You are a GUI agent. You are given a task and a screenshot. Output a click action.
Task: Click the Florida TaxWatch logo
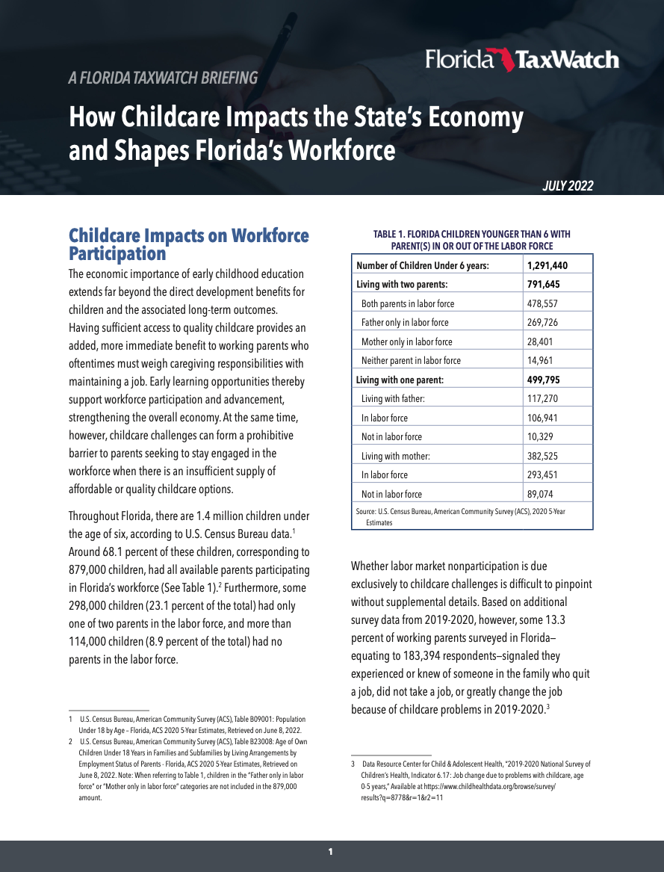[522, 60]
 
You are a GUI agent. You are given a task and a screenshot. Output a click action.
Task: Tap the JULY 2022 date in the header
[568, 186]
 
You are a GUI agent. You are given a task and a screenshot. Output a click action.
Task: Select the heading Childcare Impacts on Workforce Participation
[188, 244]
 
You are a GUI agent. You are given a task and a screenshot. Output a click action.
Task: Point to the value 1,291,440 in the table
[547, 265]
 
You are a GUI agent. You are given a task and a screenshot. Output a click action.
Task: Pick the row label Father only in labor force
[405, 323]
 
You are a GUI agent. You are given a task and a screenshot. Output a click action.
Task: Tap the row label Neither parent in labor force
[411, 360]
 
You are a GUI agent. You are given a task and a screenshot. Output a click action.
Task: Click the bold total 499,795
[543, 380]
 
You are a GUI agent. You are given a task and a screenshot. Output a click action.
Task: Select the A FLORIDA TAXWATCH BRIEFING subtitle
[163, 78]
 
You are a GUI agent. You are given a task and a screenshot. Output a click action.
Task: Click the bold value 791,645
[543, 285]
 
